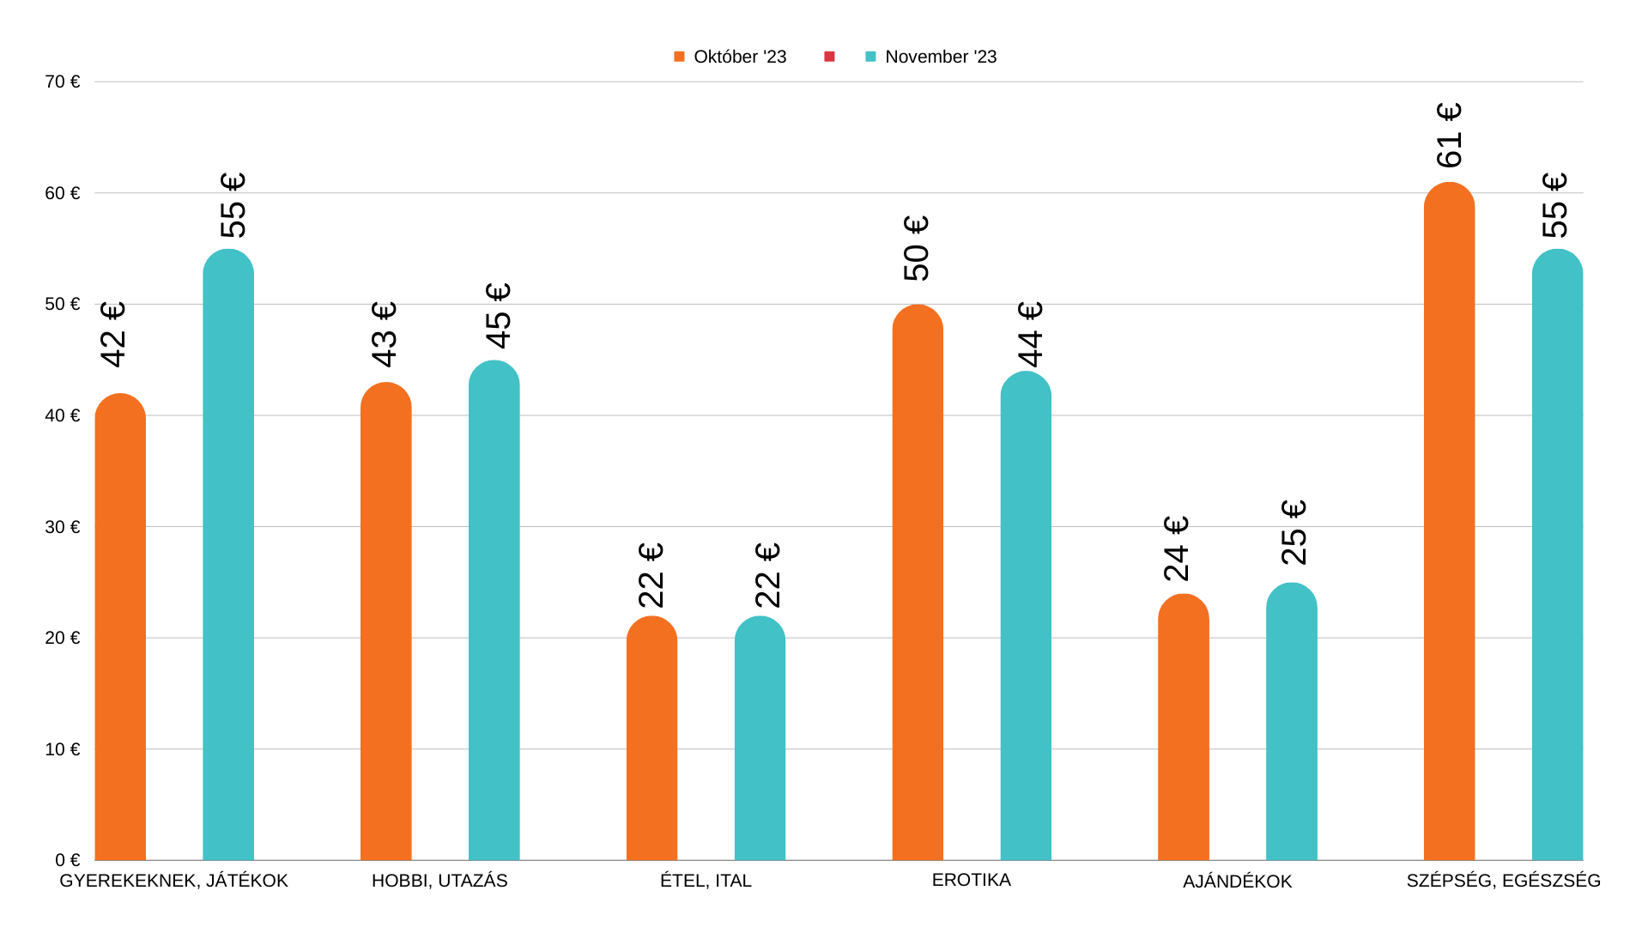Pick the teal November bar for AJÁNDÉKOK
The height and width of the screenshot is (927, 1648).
[x=1291, y=721]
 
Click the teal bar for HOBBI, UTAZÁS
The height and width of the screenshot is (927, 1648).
[x=494, y=610]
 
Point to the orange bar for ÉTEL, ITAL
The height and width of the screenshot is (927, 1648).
[x=651, y=738]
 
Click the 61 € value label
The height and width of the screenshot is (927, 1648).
[x=1449, y=136]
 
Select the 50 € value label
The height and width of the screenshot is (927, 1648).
[x=917, y=248]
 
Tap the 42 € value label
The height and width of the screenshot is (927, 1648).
[x=113, y=334]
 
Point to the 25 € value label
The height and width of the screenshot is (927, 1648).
[x=1294, y=532]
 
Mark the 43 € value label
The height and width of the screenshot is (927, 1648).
[x=385, y=334]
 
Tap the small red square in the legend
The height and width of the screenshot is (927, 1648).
[x=829, y=57]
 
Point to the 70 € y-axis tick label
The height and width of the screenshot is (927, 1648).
[x=63, y=82]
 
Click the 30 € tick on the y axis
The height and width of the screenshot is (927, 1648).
[x=63, y=527]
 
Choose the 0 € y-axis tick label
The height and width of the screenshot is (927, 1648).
[x=68, y=860]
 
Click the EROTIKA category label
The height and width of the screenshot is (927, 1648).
[x=971, y=880]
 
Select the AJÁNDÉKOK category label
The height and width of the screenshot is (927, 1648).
[x=1237, y=882]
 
